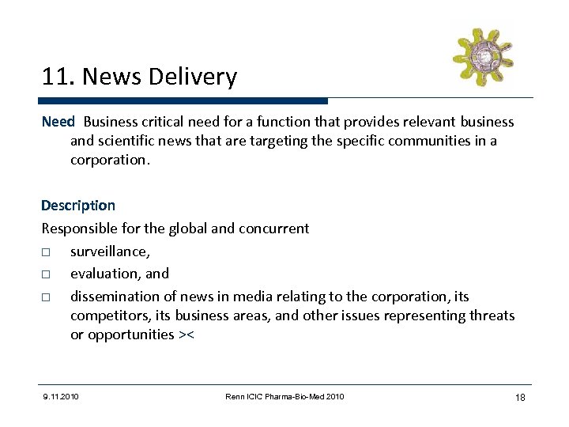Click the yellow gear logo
click(482, 56)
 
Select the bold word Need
click(58, 122)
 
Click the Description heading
click(78, 206)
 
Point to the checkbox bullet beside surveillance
click(47, 251)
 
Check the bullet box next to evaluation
click(47, 274)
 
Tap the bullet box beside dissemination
click(47, 297)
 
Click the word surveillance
click(109, 251)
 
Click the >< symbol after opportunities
click(187, 334)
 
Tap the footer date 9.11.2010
click(61, 396)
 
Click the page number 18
click(519, 397)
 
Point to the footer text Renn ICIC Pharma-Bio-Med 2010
click(284, 396)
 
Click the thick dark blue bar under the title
click(183, 101)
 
